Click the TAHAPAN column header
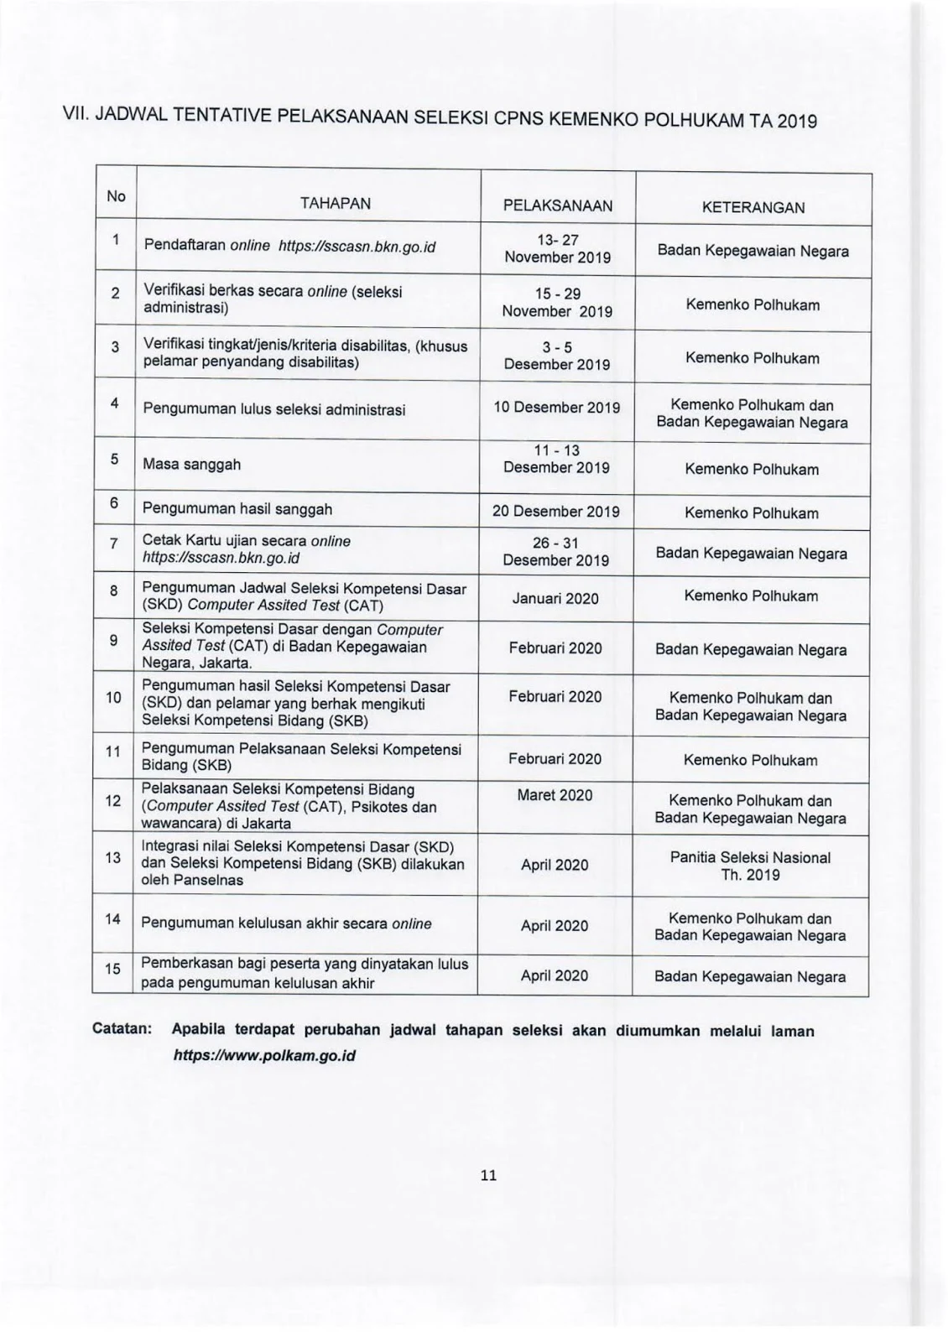pyautogui.click(x=335, y=203)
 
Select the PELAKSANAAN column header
pyautogui.click(x=557, y=205)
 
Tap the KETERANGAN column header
pyautogui.click(x=753, y=207)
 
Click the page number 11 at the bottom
pyautogui.click(x=488, y=1175)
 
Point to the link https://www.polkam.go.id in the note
pyautogui.click(x=264, y=1055)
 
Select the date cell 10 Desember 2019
pyautogui.click(x=557, y=408)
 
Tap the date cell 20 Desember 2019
pyautogui.click(x=555, y=511)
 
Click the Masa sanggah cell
pyautogui.click(x=191, y=464)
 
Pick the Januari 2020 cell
pyautogui.click(x=555, y=598)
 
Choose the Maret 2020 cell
pyautogui.click(x=555, y=795)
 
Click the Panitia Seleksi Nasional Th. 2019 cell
pyautogui.click(x=750, y=866)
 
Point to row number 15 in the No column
pyautogui.click(x=112, y=969)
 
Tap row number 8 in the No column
pyautogui.click(x=114, y=590)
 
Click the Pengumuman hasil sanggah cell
pyautogui.click(x=237, y=509)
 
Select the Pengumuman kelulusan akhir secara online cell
pyautogui.click(x=286, y=923)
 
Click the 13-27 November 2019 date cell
pyautogui.click(x=557, y=249)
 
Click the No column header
pyautogui.click(x=116, y=196)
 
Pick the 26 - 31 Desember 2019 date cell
pyautogui.click(x=555, y=552)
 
